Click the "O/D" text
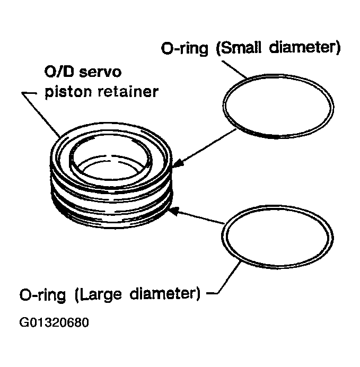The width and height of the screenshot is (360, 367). coord(57,72)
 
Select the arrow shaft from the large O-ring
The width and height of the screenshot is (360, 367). coord(201,218)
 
